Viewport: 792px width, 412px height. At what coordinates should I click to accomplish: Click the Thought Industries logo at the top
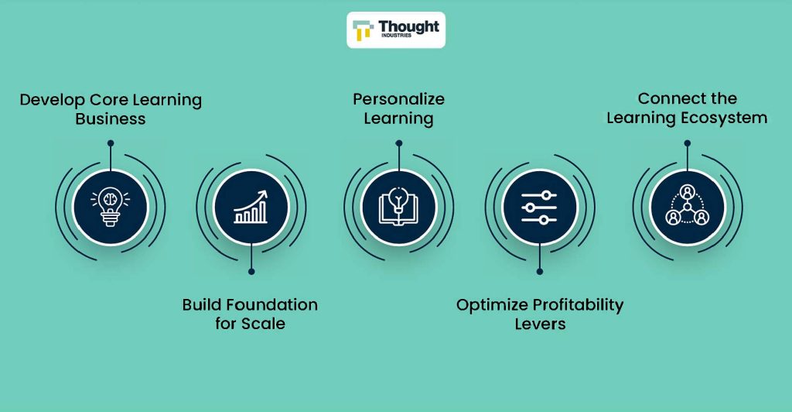[396, 30]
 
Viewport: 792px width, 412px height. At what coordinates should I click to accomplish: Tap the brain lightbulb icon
[110, 206]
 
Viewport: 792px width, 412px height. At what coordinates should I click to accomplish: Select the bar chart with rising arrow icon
[251, 207]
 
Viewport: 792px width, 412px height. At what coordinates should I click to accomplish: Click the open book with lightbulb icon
[398, 206]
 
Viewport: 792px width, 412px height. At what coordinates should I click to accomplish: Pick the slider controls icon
[539, 208]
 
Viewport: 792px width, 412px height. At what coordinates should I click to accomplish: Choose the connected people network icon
[687, 206]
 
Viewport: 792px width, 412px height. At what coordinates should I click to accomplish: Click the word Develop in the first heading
[52, 100]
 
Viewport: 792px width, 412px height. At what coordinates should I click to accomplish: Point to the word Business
[111, 118]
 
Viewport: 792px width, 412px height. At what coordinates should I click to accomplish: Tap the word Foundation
[271, 304]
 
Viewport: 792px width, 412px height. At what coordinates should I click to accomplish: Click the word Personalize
[398, 99]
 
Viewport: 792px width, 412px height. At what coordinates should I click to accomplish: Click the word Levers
[540, 324]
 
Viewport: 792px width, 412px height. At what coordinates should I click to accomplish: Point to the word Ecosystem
[724, 118]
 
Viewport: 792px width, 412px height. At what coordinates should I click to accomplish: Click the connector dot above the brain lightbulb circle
[111, 143]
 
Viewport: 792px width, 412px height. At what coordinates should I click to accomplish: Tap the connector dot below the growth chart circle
[251, 272]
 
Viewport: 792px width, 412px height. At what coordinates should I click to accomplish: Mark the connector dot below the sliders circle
[539, 272]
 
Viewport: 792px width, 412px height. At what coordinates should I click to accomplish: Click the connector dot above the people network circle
[687, 143]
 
